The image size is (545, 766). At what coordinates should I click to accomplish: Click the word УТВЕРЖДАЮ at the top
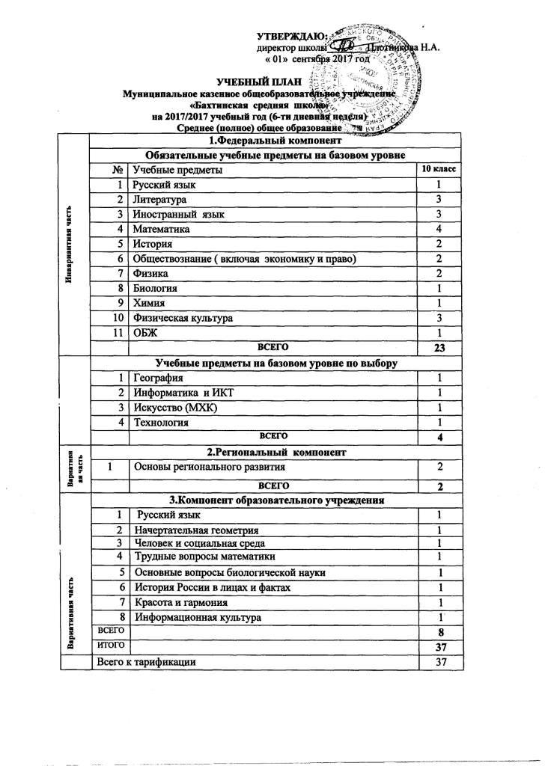[290, 36]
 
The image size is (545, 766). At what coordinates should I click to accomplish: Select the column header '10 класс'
[440, 170]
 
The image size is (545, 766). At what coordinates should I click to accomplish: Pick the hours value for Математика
[440, 229]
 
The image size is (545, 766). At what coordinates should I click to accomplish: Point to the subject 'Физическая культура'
[183, 319]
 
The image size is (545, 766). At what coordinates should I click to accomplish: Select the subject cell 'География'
[158, 379]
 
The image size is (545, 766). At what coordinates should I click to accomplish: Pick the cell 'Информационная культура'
[197, 618]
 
